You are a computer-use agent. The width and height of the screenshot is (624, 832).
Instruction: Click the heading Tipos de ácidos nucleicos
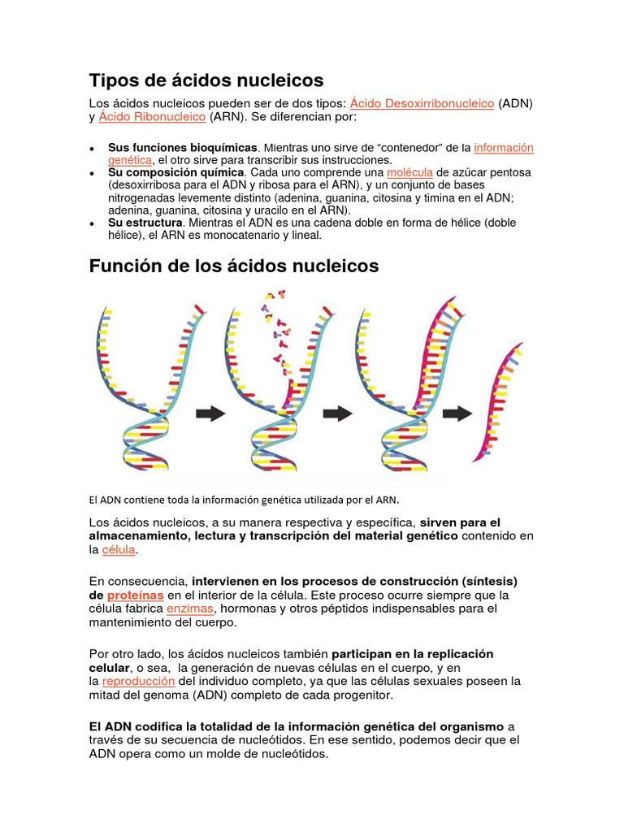[x=206, y=80]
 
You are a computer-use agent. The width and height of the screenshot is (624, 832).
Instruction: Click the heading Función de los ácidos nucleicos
[x=233, y=266]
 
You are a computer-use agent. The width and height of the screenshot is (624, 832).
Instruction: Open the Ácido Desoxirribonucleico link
[x=422, y=103]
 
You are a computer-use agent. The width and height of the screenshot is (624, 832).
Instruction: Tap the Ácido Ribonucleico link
[x=152, y=118]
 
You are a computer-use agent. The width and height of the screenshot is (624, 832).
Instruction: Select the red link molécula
[x=409, y=173]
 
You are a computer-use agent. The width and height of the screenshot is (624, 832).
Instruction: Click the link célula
[x=119, y=550]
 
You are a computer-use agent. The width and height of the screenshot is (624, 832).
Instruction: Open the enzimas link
[x=190, y=609]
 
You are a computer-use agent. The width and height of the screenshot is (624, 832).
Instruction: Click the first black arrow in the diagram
[x=211, y=414]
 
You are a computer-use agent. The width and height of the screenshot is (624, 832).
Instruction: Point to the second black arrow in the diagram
[x=338, y=414]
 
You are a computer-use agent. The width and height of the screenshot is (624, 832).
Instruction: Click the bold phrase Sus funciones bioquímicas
[x=183, y=148]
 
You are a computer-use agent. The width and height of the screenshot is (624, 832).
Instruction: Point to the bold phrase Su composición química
[x=175, y=173]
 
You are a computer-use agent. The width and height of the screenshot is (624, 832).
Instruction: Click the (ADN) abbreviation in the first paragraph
[x=516, y=103]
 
